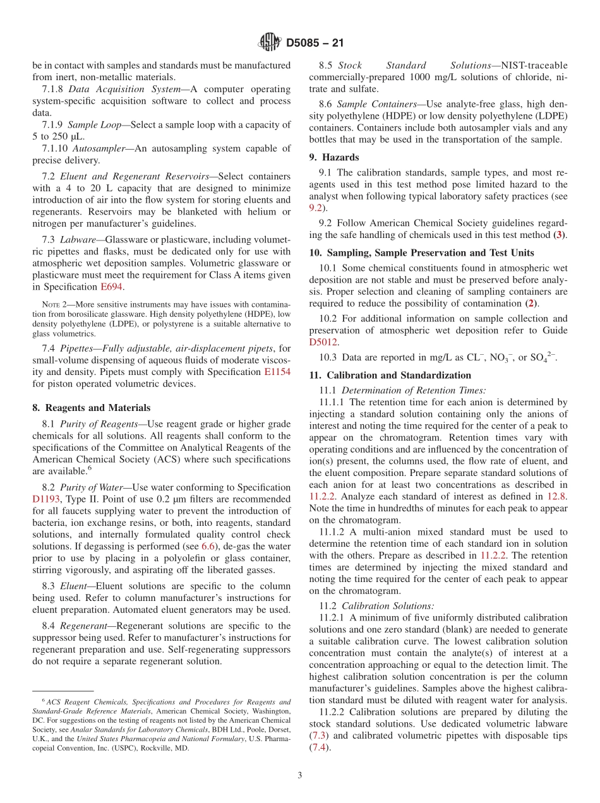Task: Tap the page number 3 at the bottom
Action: [x=300, y=776]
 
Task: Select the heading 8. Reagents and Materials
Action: [x=92, y=408]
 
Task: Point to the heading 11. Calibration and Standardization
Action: [x=390, y=375]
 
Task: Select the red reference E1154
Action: [x=277, y=372]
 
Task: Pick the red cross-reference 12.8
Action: [x=556, y=496]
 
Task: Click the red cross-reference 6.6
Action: [x=208, y=545]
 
